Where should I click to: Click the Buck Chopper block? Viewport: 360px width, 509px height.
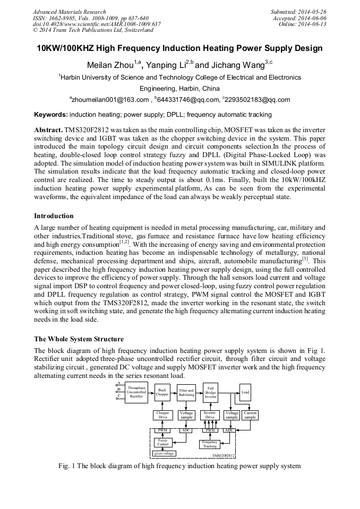162,393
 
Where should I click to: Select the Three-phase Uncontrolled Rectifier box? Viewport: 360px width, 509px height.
136,393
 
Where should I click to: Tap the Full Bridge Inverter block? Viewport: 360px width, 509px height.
211,393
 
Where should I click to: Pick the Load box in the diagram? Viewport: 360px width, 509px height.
245,392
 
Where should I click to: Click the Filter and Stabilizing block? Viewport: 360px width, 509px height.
186,393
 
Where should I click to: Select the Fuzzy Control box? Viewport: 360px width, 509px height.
163,442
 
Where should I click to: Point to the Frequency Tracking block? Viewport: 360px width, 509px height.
210,444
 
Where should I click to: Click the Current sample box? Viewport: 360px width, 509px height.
250,415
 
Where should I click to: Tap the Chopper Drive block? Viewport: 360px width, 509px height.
162,415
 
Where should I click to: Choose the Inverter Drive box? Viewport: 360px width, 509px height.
210,415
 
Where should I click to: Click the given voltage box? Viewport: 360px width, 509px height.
164,454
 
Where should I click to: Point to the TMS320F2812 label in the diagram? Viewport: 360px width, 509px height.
224,455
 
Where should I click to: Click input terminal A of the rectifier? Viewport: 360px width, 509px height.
119,383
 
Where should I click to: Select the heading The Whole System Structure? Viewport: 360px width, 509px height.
79,339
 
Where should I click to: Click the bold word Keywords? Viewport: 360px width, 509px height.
51,114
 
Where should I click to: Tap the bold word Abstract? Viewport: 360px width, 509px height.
48,130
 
